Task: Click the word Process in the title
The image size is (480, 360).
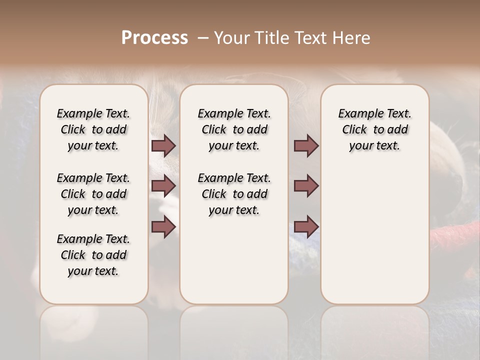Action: coord(154,37)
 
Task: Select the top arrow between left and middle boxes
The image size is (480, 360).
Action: coord(163,145)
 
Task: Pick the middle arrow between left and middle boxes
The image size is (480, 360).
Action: coord(163,186)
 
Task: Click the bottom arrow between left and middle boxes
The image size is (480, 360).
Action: coord(163,227)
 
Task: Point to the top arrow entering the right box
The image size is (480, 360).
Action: coord(306,145)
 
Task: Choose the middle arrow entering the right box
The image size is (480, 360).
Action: coord(306,186)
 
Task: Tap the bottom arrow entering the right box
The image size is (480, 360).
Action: coord(306,227)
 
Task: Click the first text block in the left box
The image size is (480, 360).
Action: coord(93,129)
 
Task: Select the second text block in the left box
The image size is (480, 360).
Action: coord(93,194)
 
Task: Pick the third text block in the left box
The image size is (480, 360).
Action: coord(93,255)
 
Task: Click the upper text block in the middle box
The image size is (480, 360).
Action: coord(234,129)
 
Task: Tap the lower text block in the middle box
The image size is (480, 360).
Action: coord(234,194)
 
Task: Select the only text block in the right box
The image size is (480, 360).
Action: coord(375,129)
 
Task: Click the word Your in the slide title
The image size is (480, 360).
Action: coord(230,37)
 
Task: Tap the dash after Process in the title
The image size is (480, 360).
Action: coord(202,37)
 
